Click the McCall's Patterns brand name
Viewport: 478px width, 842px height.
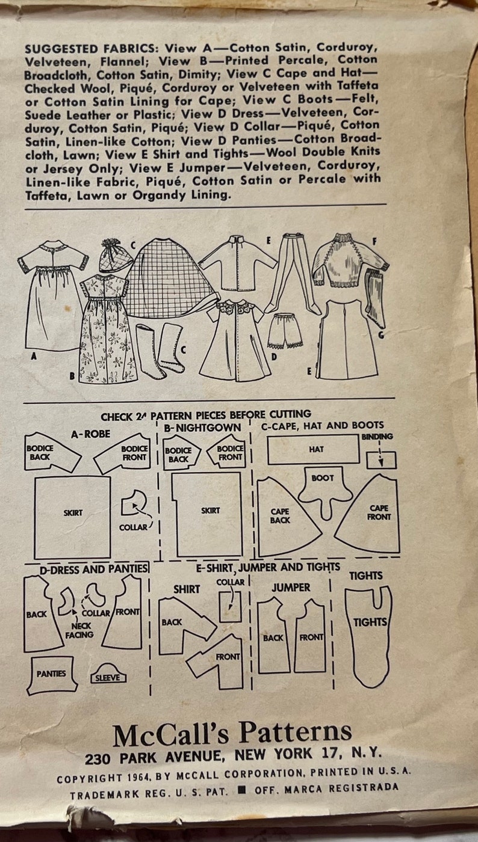click(x=232, y=734)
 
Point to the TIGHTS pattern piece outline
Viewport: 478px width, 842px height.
click(x=369, y=631)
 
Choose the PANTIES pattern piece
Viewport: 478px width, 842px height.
click(x=52, y=674)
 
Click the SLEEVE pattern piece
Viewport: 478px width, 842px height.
click(x=109, y=675)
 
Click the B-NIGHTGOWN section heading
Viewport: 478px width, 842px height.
click(x=202, y=428)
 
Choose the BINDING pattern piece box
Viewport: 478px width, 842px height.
click(x=381, y=459)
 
